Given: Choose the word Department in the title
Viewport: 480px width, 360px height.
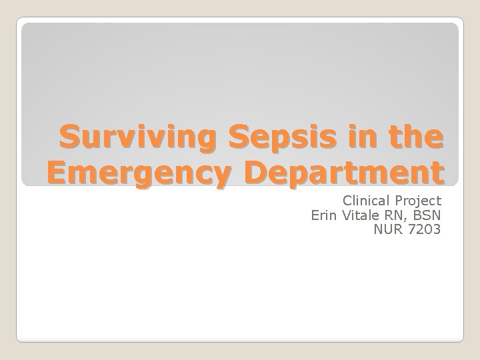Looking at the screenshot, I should click(343, 173).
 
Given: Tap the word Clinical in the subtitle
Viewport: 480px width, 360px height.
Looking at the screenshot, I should click(367, 200).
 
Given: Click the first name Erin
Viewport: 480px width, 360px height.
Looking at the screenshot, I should click(324, 215).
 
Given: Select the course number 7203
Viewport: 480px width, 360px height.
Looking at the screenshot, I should click(425, 230).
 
